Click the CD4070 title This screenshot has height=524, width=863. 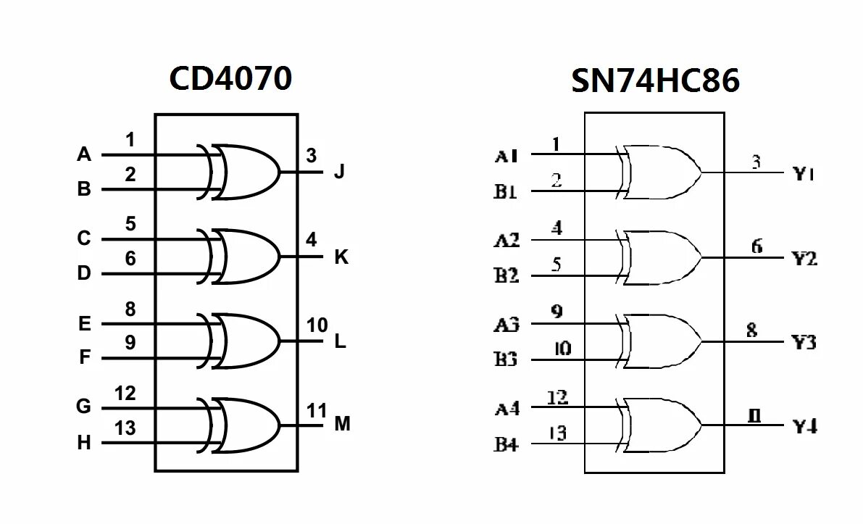230,78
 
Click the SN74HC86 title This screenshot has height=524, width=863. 655,80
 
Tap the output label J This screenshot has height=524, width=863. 339,172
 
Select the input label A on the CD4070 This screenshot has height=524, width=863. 85,154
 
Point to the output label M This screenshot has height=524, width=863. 342,424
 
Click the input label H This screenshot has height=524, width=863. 85,443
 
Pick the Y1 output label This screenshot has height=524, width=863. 804,174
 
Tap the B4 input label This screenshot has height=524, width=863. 506,444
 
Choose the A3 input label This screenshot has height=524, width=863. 506,324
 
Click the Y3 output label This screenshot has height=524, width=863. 804,342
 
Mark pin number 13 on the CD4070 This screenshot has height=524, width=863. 125,428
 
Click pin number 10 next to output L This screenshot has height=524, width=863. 317,325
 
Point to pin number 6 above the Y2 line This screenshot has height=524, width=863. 756,246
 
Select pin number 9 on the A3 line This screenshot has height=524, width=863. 556,312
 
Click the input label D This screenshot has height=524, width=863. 85,274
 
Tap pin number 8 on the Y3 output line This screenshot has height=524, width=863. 751,330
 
